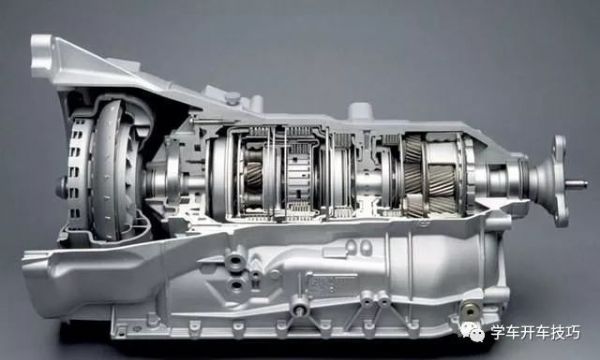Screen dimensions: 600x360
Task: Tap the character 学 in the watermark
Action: (498, 332)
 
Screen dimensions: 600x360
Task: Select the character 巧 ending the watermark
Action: (573, 332)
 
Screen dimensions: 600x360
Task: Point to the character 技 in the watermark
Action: (558, 332)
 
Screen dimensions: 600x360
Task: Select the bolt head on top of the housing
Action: (232, 98)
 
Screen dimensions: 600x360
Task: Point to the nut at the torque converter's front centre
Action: (62, 187)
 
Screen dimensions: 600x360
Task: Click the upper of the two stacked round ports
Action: (235, 262)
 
